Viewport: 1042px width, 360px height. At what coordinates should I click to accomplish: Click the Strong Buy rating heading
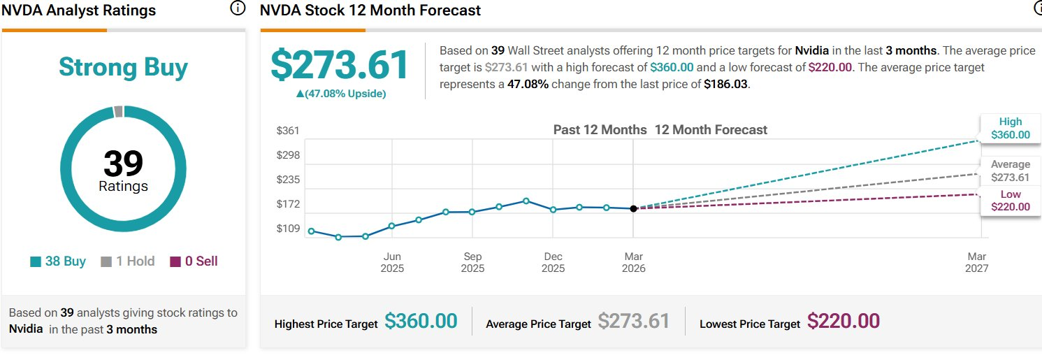[x=123, y=67]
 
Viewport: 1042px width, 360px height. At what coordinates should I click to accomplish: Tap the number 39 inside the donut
[x=123, y=164]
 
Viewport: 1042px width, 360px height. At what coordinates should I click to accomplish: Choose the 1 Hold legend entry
[x=128, y=261]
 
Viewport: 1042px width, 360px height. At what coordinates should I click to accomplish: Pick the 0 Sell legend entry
[x=194, y=261]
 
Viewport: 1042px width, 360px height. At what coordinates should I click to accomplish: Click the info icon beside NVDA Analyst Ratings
[x=238, y=8]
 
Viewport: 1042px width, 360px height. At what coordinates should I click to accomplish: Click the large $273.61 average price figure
[x=340, y=66]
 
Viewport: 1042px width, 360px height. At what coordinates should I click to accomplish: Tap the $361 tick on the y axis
[x=288, y=131]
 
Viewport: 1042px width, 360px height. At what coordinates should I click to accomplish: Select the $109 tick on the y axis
[x=288, y=229]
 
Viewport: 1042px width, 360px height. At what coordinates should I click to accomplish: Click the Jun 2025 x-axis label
[x=392, y=262]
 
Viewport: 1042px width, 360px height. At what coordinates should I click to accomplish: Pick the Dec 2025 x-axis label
[x=553, y=262]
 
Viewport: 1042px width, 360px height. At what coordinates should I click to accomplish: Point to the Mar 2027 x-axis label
[x=977, y=262]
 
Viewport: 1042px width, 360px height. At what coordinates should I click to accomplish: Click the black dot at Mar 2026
[x=633, y=208]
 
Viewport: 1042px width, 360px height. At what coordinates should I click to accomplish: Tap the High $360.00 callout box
[x=1010, y=129]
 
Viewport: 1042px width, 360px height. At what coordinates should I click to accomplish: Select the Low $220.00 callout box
[x=1010, y=201]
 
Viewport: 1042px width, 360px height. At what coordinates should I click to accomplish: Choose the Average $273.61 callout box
[x=1010, y=171]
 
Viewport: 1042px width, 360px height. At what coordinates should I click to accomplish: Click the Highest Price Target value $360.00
[x=421, y=322]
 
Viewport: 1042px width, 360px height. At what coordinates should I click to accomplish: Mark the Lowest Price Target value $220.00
[x=843, y=322]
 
